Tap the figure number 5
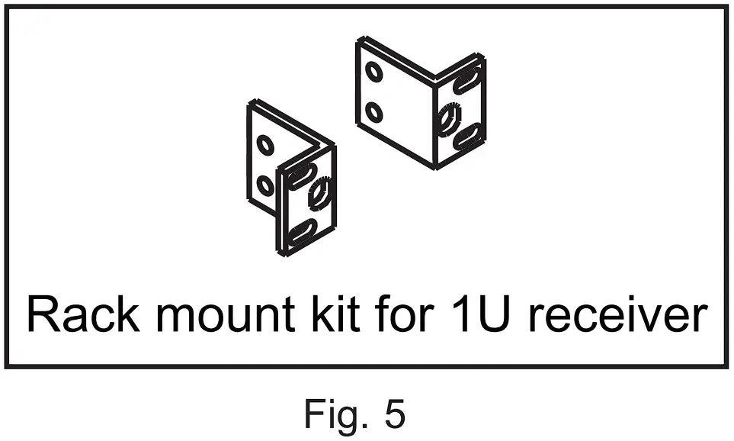coord(393,414)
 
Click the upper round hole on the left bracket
coord(264,145)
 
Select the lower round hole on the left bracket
coord(264,185)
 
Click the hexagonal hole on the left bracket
coord(318,194)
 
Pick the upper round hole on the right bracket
coord(373,72)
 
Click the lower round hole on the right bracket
coord(373,112)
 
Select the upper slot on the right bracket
coord(466,80)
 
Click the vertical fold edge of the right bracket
coord(434,122)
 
